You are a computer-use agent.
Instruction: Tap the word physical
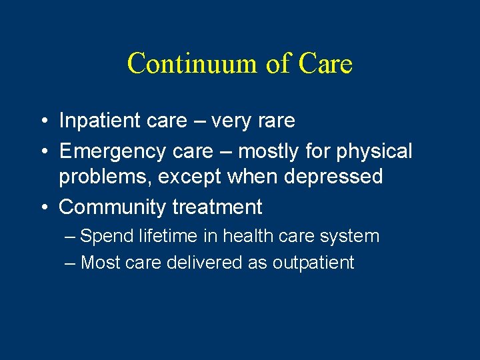click(x=374, y=151)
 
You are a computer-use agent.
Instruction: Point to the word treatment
click(x=217, y=207)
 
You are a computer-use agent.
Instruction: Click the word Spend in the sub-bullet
click(x=106, y=236)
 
